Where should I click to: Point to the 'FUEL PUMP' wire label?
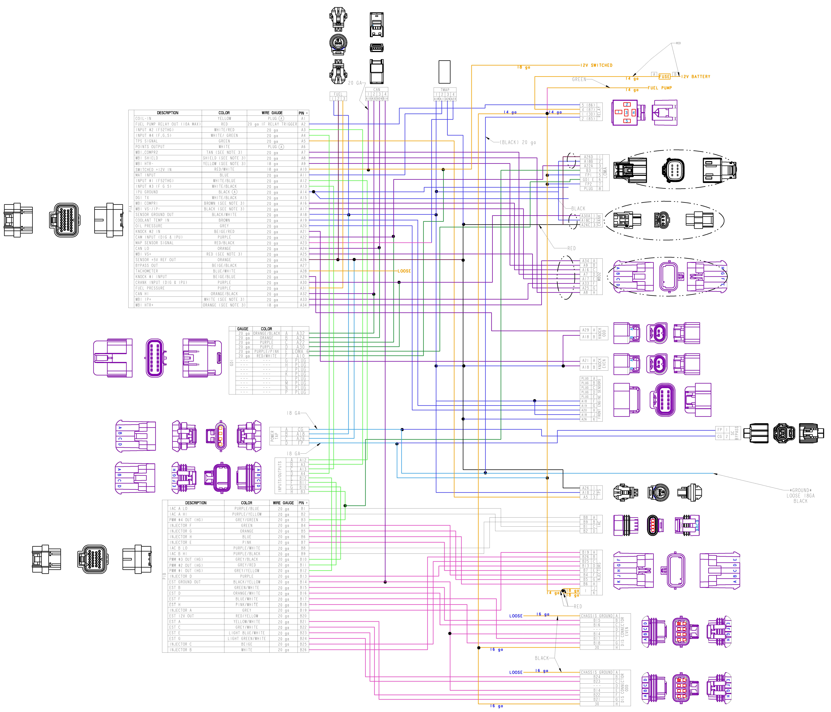tap(660, 88)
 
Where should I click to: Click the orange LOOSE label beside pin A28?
tap(404, 271)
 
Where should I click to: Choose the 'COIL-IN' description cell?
tap(144, 118)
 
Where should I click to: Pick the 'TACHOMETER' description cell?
tap(147, 271)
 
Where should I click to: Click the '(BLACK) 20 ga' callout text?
tap(517, 142)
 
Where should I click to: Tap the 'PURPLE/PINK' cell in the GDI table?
tap(266, 351)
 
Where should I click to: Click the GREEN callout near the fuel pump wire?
tap(579, 79)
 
